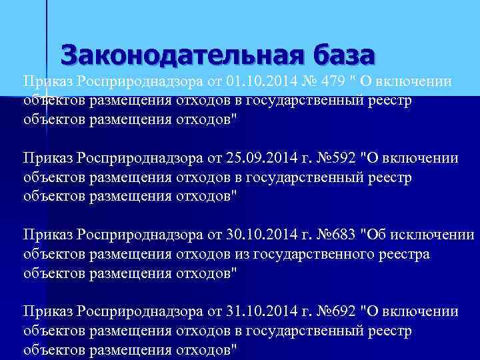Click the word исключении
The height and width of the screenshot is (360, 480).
pyautogui.click(x=434, y=235)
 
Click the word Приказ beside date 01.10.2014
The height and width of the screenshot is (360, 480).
pyautogui.click(x=48, y=81)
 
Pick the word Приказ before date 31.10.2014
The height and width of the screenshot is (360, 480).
pyautogui.click(x=48, y=311)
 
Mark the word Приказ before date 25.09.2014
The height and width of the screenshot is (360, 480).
pyautogui.click(x=48, y=158)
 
